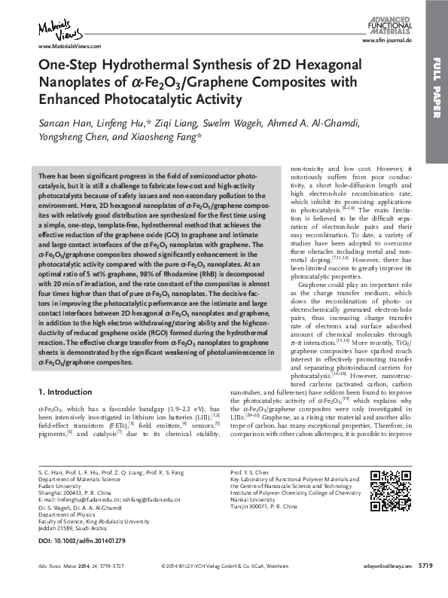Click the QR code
(391, 489)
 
